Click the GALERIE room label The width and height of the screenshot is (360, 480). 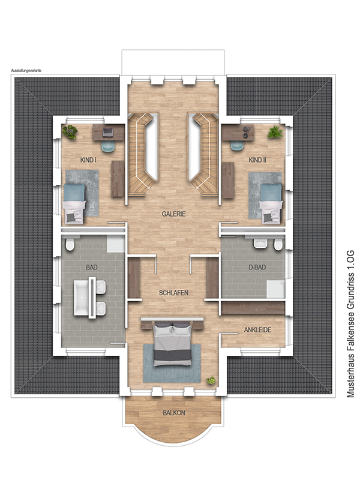[x=173, y=214]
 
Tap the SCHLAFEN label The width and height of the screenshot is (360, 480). [x=173, y=293]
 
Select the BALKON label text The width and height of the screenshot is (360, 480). [x=174, y=413]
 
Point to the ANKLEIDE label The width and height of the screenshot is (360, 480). [x=257, y=330]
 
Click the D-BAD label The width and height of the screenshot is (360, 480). [x=257, y=268]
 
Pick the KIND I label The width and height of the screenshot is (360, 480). [x=88, y=160]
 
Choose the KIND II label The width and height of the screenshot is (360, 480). [x=257, y=160]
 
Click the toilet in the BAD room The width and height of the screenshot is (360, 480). [x=70, y=244]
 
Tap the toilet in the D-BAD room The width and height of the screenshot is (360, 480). [x=278, y=245]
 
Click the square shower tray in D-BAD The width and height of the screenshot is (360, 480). [x=275, y=289]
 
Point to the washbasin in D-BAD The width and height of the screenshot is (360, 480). [x=260, y=244]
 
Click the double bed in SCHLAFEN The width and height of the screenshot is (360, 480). [x=172, y=344]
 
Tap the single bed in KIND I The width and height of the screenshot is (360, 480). [x=74, y=203]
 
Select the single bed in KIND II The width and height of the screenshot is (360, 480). [x=271, y=203]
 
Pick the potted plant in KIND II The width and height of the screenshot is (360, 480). [x=275, y=133]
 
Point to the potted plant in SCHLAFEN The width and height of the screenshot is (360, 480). [x=211, y=380]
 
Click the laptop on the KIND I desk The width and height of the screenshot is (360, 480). [x=107, y=132]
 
